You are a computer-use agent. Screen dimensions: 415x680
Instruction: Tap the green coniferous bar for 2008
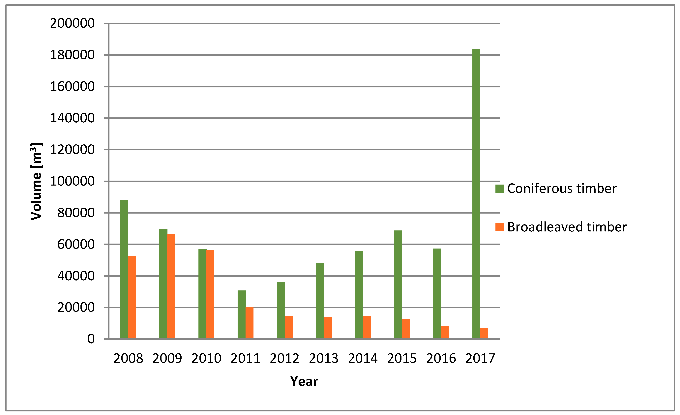(124, 269)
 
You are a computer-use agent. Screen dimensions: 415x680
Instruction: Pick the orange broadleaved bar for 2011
(250, 323)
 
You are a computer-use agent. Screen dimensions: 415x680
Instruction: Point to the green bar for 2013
(320, 301)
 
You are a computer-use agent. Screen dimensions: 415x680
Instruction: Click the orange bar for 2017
(484, 333)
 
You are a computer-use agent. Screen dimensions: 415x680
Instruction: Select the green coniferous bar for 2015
(398, 284)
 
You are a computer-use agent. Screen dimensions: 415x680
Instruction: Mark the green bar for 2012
(281, 311)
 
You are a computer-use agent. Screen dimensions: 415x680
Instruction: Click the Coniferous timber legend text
(562, 189)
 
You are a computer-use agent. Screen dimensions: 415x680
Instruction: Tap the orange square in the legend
(499, 227)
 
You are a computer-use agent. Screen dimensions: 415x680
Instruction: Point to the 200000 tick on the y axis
(72, 23)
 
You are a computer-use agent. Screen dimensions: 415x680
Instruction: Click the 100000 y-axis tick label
(72, 181)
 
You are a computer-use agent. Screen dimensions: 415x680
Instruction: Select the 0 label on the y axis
(91, 339)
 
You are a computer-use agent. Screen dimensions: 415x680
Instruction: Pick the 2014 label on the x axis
(363, 358)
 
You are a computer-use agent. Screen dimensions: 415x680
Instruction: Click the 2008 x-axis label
(128, 358)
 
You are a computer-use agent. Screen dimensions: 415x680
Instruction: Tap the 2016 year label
(441, 358)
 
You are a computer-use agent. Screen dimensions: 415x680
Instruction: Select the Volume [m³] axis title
(36, 181)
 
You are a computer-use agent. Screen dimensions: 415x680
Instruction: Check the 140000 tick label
(72, 118)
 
